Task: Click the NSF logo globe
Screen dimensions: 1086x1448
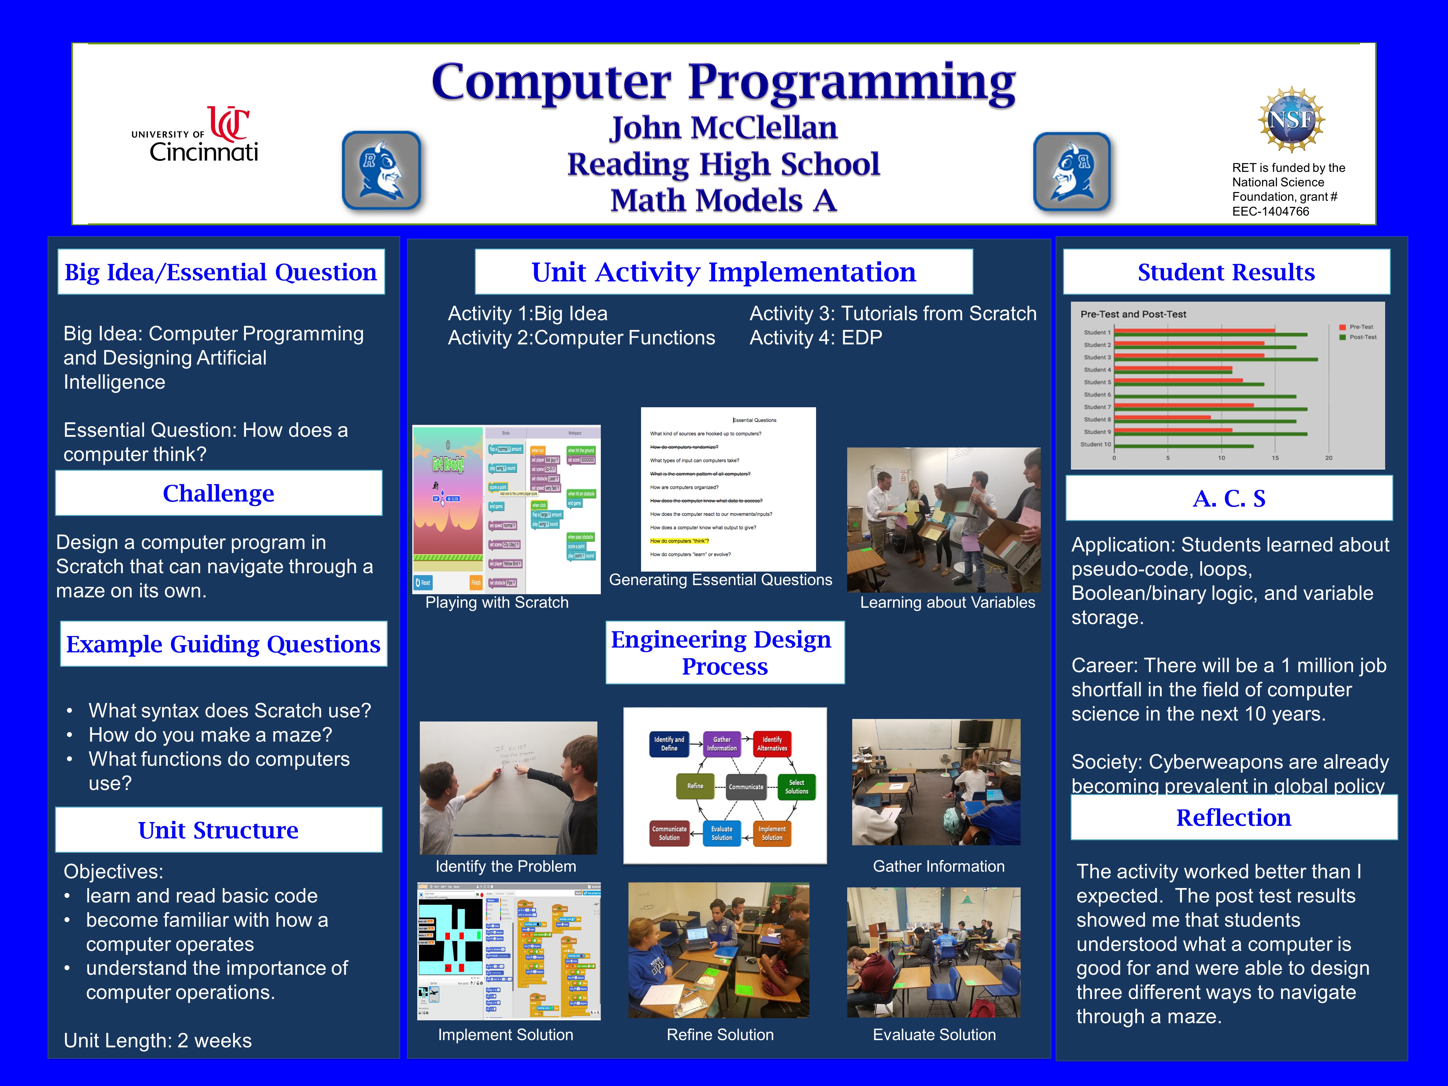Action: coord(1291,120)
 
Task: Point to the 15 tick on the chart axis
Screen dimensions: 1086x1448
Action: coord(1275,458)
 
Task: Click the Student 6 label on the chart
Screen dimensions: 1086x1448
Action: coord(1097,395)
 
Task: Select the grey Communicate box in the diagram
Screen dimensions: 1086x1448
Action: coord(746,787)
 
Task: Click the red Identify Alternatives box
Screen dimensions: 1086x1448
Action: coord(772,743)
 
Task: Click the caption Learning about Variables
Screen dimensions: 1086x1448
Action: coord(947,602)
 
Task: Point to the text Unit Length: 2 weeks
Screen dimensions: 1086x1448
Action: coord(157,1040)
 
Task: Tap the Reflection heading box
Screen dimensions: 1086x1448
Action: coord(1233,818)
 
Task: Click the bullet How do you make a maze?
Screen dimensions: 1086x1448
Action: coord(210,734)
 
